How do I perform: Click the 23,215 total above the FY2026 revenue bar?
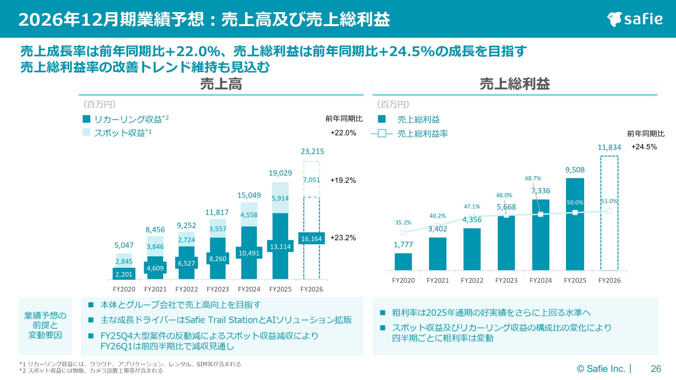[312, 151]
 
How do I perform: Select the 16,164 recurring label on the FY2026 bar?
[311, 239]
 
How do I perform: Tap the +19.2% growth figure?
[343, 180]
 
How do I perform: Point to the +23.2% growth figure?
[343, 237]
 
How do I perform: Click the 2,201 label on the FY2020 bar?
[124, 274]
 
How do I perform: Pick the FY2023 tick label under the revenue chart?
[218, 289]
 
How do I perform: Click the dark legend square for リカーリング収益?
[86, 119]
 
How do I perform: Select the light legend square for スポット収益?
[86, 132]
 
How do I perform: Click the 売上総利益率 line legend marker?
[382, 134]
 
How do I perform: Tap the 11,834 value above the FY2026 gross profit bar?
[609, 147]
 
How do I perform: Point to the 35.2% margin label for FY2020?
[403, 222]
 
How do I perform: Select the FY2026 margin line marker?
[609, 211]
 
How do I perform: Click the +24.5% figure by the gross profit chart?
[644, 147]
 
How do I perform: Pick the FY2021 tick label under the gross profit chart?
[438, 281]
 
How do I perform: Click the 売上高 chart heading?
[221, 84]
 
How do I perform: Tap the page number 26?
[656, 369]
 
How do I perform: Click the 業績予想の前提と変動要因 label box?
[45, 325]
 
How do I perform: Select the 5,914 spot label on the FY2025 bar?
[280, 198]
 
